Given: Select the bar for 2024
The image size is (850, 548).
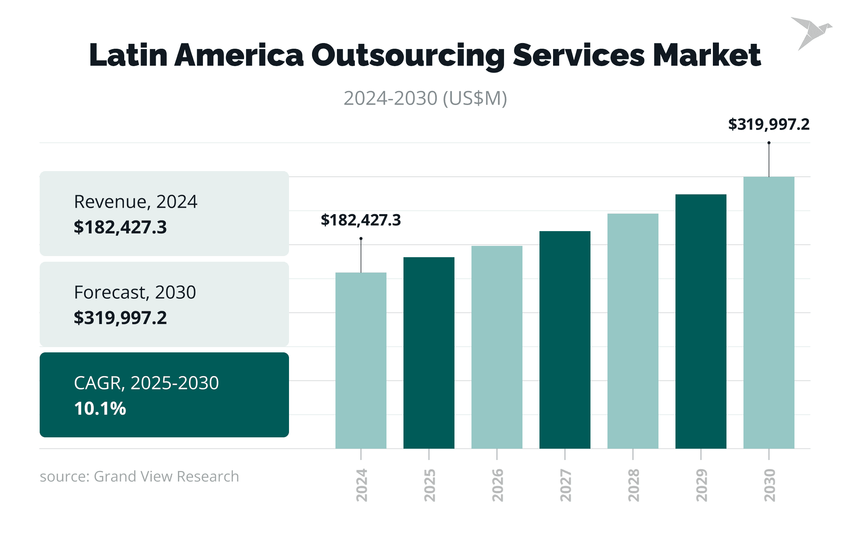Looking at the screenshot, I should [x=361, y=360].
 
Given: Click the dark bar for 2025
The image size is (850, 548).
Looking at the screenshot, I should [x=429, y=353].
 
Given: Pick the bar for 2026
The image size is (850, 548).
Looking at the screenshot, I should [x=497, y=347].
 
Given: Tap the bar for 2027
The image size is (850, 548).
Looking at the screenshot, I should [x=565, y=340].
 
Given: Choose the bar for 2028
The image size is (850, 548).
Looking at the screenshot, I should [x=633, y=331].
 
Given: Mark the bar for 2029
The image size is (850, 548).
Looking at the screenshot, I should [x=701, y=321].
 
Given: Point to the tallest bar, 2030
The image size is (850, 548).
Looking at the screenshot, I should [x=769, y=312].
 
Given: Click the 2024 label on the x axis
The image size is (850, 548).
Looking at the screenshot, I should [x=362, y=485].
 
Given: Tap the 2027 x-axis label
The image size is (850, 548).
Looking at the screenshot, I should [x=566, y=485].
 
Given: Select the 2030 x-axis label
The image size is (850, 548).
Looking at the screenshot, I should [x=770, y=485].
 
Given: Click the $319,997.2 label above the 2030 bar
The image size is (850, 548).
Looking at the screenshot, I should [x=769, y=124].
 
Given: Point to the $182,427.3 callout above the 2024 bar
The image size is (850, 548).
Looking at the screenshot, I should [x=361, y=220].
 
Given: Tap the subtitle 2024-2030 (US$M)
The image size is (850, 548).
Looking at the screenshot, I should [x=425, y=98].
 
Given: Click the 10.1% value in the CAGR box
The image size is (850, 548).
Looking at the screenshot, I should [x=100, y=408].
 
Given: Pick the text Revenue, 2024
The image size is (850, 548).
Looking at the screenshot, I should [x=135, y=202].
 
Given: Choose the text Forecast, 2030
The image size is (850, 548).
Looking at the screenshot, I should [x=135, y=292].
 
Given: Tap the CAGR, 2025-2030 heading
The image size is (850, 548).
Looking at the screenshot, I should [x=146, y=383].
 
